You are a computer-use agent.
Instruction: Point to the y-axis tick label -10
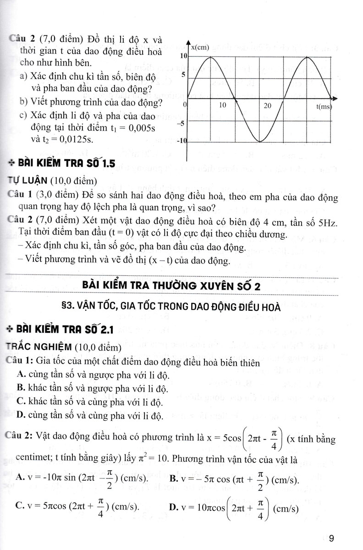coord(182,141)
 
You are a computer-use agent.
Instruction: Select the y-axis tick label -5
coord(182,123)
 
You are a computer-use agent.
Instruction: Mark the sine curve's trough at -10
coord(259,142)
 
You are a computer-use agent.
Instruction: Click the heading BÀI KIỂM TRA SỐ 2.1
coord(68,329)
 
